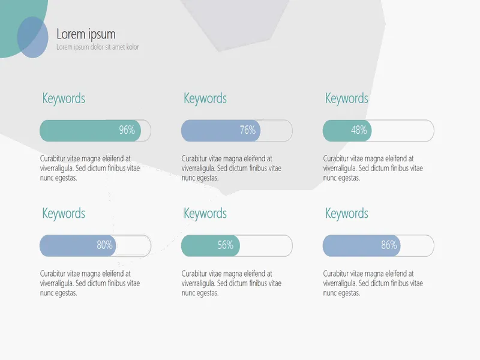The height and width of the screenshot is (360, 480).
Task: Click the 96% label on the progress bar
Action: (x=127, y=130)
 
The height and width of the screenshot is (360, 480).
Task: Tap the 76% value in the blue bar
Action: (x=248, y=130)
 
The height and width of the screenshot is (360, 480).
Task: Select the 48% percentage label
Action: (x=359, y=130)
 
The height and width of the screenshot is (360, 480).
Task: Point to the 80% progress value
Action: (x=104, y=245)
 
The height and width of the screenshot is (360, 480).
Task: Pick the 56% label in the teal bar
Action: (x=226, y=245)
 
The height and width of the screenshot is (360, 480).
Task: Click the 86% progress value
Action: (x=389, y=245)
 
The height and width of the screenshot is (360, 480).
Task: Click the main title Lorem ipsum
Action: (x=86, y=34)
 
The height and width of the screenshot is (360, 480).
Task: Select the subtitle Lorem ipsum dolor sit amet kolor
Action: (x=98, y=47)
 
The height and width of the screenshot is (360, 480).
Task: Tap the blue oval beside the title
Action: (x=33, y=37)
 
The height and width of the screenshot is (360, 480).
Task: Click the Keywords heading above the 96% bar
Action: (x=64, y=98)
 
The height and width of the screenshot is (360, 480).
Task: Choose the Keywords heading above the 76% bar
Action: (x=205, y=98)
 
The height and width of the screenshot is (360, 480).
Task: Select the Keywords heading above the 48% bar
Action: (x=347, y=98)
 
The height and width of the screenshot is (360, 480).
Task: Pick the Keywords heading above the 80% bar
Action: (x=64, y=214)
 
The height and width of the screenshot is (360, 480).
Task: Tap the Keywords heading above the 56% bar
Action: (x=205, y=214)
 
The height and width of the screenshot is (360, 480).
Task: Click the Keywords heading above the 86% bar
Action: (x=347, y=214)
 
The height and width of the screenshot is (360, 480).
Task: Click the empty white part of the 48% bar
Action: (x=403, y=131)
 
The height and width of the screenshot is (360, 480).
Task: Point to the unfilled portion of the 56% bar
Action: (x=266, y=246)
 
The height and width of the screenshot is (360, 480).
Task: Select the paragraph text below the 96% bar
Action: (x=90, y=168)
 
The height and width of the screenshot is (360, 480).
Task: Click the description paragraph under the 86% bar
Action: (x=373, y=283)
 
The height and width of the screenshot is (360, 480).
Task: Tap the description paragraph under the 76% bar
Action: (x=232, y=168)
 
